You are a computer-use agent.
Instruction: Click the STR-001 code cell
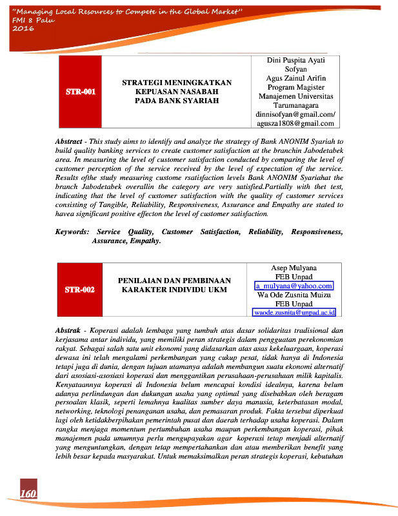(81, 92)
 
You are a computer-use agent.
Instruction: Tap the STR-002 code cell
(81, 290)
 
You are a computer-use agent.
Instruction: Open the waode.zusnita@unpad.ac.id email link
(295, 312)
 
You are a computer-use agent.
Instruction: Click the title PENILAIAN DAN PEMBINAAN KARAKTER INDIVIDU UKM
(174, 285)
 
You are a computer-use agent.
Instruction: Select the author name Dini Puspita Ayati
(295, 60)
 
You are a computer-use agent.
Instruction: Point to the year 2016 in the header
(23, 30)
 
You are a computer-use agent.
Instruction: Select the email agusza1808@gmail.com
(295, 123)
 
